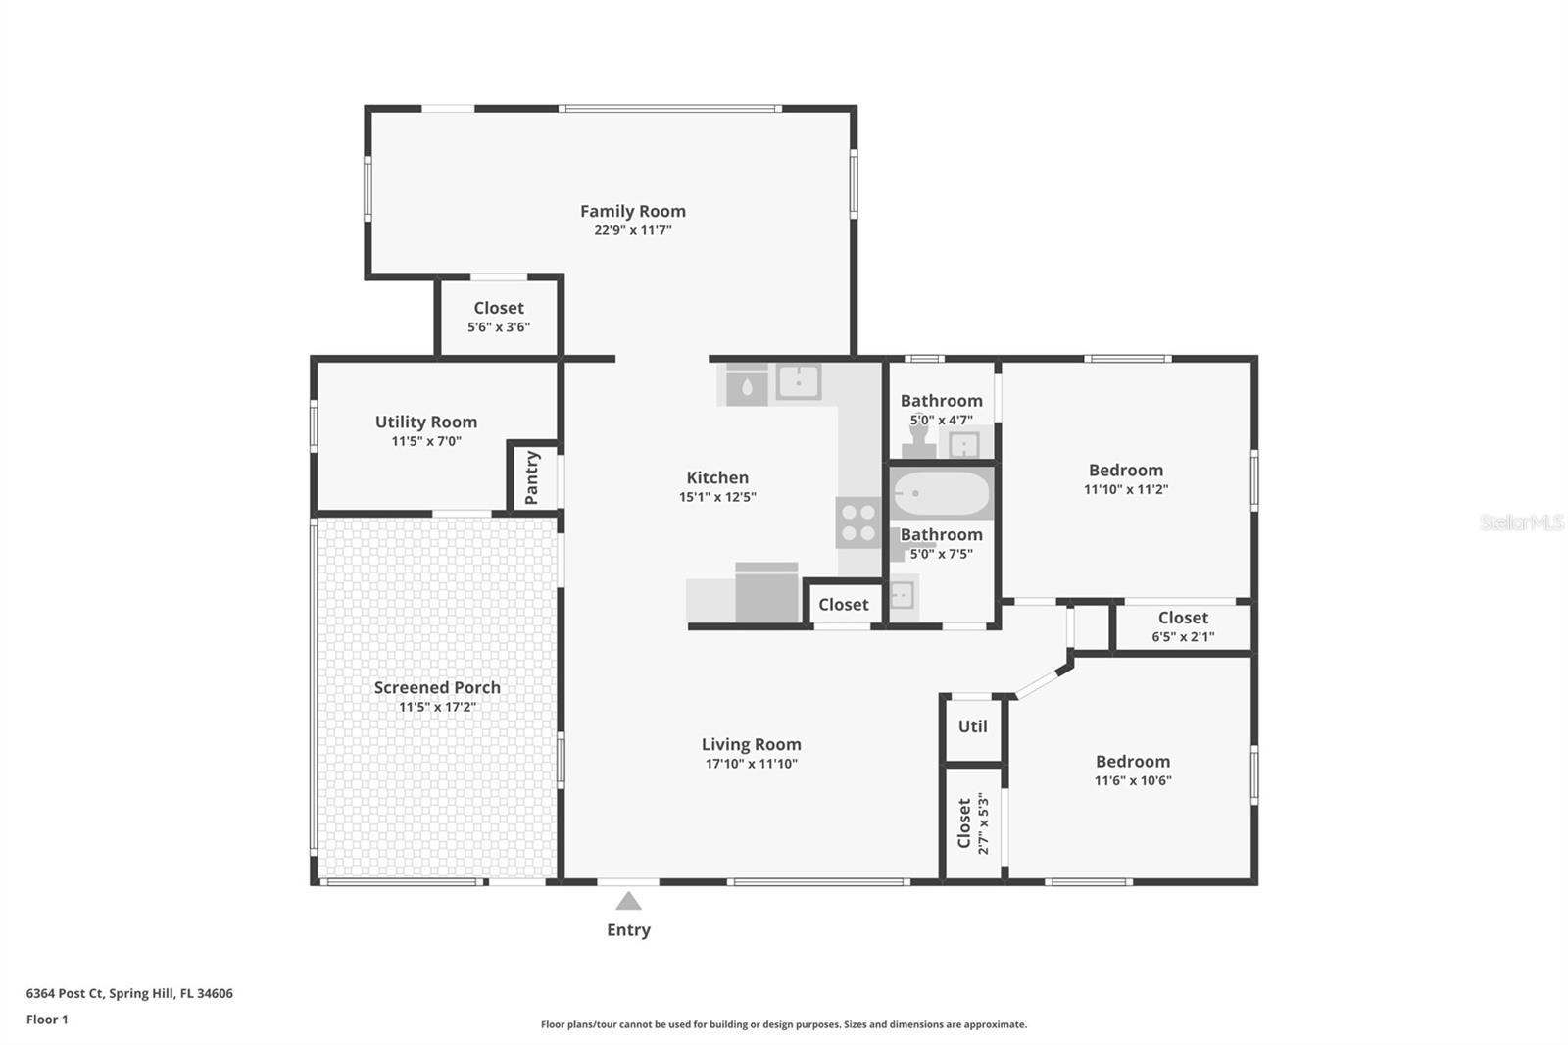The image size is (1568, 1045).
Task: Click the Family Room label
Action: click(632, 211)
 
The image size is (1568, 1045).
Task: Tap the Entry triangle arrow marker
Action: click(628, 901)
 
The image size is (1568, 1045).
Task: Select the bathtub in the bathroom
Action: click(941, 494)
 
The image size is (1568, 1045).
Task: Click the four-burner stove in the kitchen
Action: click(857, 522)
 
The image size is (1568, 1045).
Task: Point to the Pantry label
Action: click(532, 477)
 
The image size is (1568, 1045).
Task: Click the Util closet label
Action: click(972, 726)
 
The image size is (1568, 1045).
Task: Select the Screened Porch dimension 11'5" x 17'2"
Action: click(437, 707)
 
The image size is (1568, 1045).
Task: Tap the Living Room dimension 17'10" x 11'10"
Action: click(751, 764)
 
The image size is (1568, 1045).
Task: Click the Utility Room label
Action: click(425, 422)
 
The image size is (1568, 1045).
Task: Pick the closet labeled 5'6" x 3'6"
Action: click(498, 317)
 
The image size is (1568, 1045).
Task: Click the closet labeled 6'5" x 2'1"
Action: click(1183, 626)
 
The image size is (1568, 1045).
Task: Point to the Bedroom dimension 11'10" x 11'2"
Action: click(1125, 489)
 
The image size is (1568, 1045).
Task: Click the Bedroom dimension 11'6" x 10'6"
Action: click(1132, 780)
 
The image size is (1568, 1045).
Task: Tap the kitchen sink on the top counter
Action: click(798, 382)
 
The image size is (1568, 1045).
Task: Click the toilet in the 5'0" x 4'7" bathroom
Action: click(918, 441)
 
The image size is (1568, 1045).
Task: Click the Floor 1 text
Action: click(47, 1020)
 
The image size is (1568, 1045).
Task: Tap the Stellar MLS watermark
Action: click(1521, 522)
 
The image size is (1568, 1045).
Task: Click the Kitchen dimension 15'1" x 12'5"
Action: click(717, 497)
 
